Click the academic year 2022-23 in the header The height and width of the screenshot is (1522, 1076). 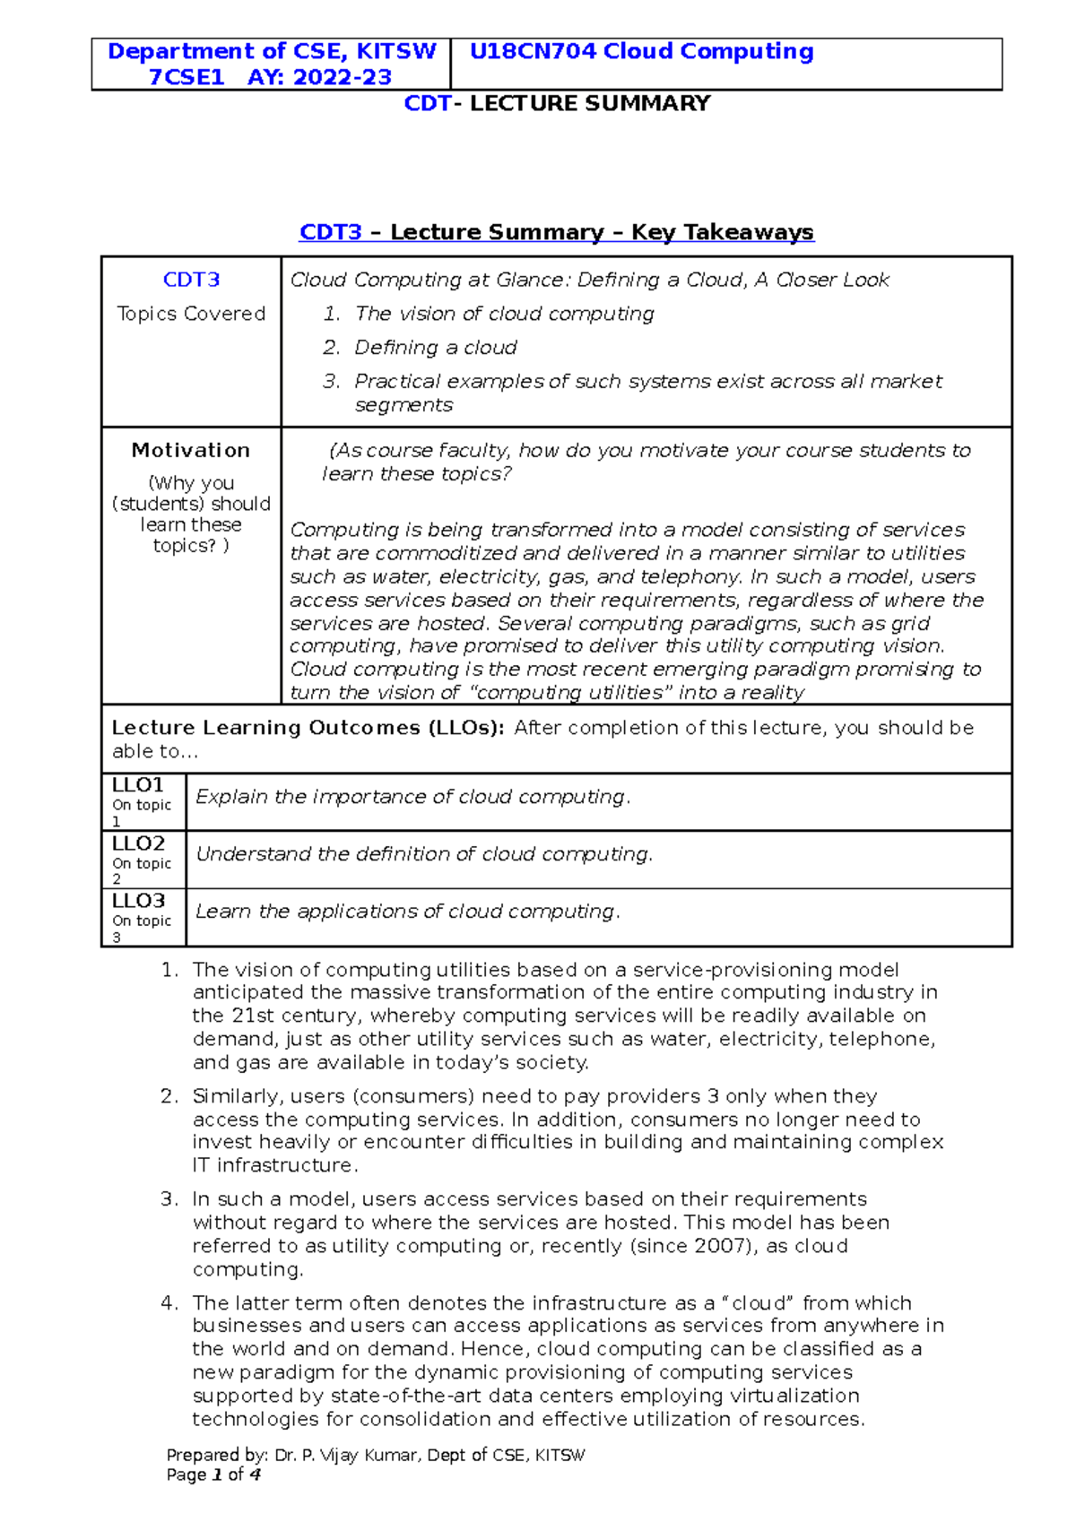click(343, 78)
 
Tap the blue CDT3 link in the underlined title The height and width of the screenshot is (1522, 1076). click(330, 232)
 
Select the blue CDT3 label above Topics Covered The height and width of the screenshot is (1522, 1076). click(191, 280)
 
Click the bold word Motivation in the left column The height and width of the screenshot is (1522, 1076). click(191, 450)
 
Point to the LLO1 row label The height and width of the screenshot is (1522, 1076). click(138, 785)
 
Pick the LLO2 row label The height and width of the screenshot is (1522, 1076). click(138, 843)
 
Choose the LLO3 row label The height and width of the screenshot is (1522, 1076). click(138, 901)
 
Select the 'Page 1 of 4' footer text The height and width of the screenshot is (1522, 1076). click(213, 1475)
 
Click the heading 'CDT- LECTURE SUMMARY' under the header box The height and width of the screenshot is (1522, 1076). click(557, 104)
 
